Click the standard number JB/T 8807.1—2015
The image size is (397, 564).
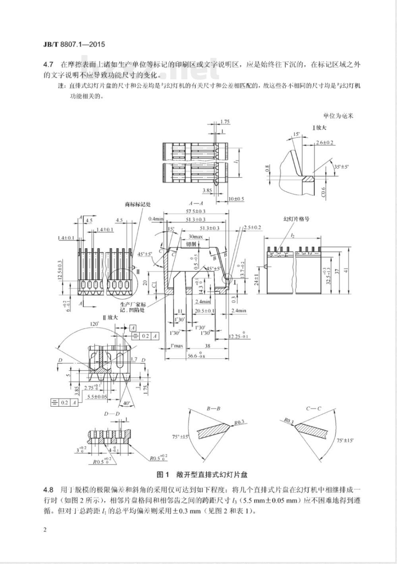point(73,44)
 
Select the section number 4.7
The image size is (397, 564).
point(48,64)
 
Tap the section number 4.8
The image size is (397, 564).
point(48,488)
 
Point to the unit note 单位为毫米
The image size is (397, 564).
point(338,116)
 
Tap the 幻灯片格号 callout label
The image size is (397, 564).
point(296,219)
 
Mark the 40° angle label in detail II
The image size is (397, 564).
point(126,403)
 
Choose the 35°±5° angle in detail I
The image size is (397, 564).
point(341,167)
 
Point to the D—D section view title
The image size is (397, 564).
point(112,414)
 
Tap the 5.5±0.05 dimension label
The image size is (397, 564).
point(97,396)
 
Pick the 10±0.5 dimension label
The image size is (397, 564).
point(236,199)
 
